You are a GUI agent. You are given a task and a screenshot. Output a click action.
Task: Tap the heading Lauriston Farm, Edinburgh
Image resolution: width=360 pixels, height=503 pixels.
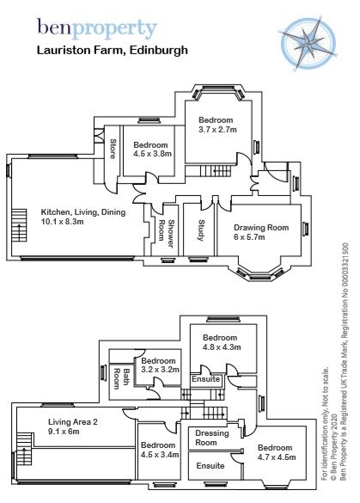click(x=112, y=51)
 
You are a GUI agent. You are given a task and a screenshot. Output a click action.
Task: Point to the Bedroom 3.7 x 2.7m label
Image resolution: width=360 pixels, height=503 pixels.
click(x=217, y=125)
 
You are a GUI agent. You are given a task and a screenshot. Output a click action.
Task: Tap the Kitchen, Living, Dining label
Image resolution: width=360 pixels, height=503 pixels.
click(x=83, y=217)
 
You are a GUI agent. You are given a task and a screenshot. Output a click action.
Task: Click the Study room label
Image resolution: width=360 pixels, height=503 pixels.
click(x=200, y=230)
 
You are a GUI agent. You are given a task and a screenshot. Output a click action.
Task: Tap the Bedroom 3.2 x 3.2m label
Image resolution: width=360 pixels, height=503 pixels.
click(x=159, y=365)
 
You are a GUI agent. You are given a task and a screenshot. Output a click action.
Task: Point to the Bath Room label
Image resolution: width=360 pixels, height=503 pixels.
click(x=119, y=377)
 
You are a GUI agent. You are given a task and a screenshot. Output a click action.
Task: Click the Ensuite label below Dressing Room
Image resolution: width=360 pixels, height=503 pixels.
click(x=211, y=465)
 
